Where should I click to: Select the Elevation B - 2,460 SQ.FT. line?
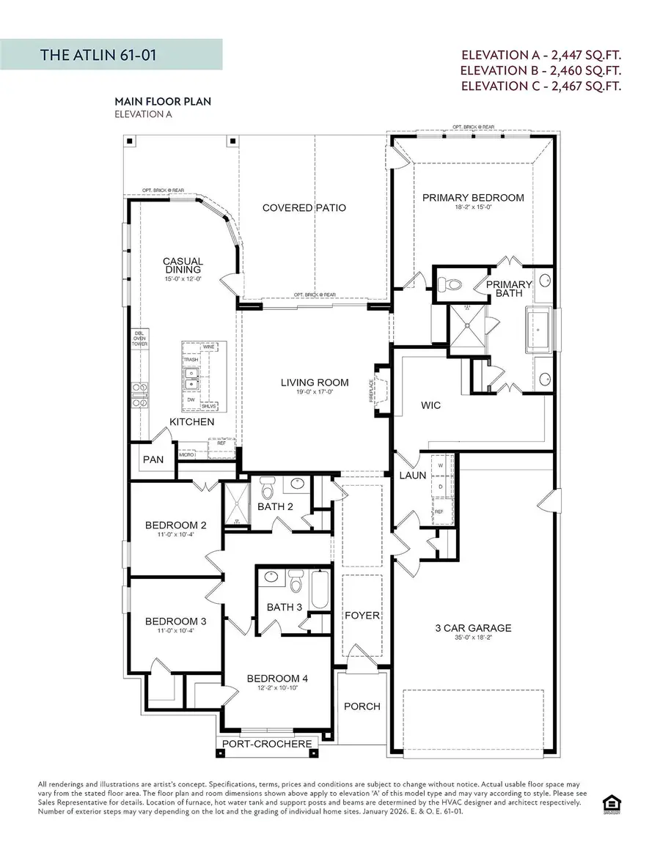540,70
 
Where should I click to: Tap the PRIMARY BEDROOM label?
473,197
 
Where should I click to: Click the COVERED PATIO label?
304,207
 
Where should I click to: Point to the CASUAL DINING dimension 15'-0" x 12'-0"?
183,278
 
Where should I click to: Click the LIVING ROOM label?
315,382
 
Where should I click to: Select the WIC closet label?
431,405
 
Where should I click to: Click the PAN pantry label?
153,459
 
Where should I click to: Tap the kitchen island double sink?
192,380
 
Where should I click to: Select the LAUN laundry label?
413,476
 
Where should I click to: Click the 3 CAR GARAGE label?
472,627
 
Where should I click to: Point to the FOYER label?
362,615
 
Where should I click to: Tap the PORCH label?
362,706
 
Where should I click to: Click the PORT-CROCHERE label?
268,744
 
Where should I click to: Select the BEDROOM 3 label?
175,621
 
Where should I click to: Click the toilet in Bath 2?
268,487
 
